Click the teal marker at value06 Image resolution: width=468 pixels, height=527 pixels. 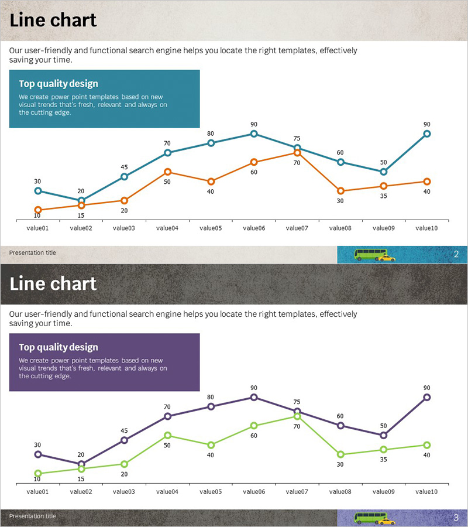click(x=254, y=134)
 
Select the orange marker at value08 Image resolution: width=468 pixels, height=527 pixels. click(x=340, y=191)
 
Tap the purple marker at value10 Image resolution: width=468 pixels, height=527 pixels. click(x=427, y=397)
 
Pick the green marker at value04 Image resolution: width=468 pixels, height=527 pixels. click(x=167, y=435)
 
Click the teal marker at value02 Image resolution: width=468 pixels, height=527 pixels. click(x=81, y=200)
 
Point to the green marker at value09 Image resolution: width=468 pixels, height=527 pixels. click(x=384, y=450)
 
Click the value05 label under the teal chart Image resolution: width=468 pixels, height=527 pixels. click(x=210, y=228)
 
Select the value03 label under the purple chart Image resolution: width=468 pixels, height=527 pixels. click(x=124, y=492)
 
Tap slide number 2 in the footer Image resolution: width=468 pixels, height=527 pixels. click(x=456, y=254)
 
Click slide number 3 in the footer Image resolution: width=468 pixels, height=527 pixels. click(x=456, y=518)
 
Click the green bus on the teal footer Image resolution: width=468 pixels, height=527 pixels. click(x=370, y=254)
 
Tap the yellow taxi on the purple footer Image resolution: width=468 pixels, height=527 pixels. click(x=387, y=521)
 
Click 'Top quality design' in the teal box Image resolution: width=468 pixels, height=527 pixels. click(x=58, y=84)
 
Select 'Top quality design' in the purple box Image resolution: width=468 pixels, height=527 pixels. click(x=58, y=347)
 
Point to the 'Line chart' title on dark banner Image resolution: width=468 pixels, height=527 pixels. click(x=53, y=283)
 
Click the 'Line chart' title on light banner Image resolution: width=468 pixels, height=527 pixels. click(x=53, y=20)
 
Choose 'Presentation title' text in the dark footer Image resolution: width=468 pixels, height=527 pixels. click(x=33, y=516)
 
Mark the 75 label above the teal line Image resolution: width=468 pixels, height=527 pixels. click(x=297, y=138)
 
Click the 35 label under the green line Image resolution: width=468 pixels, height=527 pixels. click(x=384, y=460)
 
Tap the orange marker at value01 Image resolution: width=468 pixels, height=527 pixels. click(x=38, y=210)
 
